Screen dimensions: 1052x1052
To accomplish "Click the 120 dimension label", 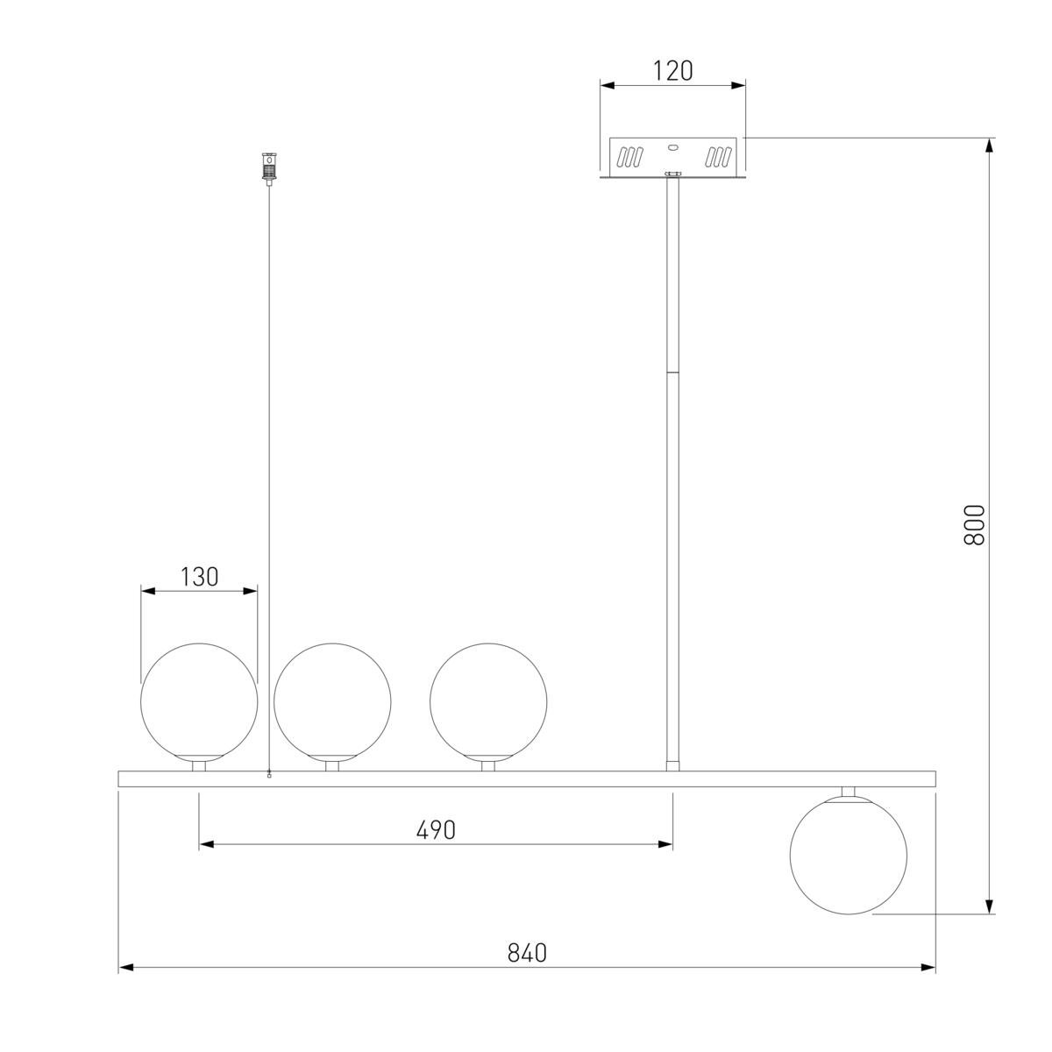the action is pos(672,71).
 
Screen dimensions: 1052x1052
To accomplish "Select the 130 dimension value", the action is pos(199,577).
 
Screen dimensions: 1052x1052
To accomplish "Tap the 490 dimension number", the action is pos(436,830).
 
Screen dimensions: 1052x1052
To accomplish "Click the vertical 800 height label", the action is pos(974,525).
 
